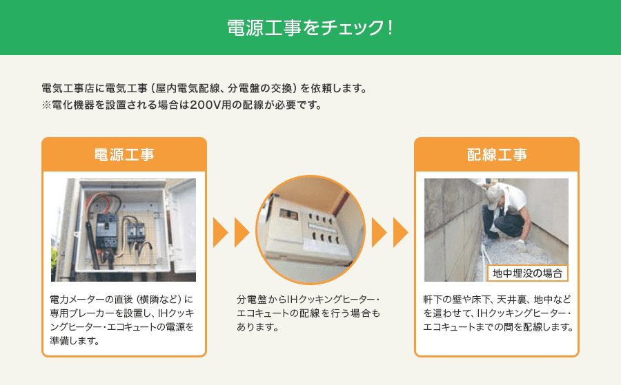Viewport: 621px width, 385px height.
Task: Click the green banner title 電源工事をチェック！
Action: tap(310, 28)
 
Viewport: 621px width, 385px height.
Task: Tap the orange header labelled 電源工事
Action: tap(124, 154)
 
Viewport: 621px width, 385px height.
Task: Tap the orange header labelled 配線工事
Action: tap(497, 154)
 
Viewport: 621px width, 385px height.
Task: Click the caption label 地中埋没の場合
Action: tap(528, 273)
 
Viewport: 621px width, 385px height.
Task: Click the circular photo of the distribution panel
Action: tap(310, 230)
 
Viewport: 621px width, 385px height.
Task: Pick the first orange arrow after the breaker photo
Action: tap(221, 232)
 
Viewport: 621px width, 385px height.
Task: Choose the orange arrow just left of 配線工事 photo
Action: tap(400, 232)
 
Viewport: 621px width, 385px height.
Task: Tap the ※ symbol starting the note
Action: tap(46, 105)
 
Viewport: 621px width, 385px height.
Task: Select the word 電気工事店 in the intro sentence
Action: tap(68, 88)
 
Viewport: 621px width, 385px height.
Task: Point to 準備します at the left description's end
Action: tap(75, 340)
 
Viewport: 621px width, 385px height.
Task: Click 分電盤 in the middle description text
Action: tap(251, 300)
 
